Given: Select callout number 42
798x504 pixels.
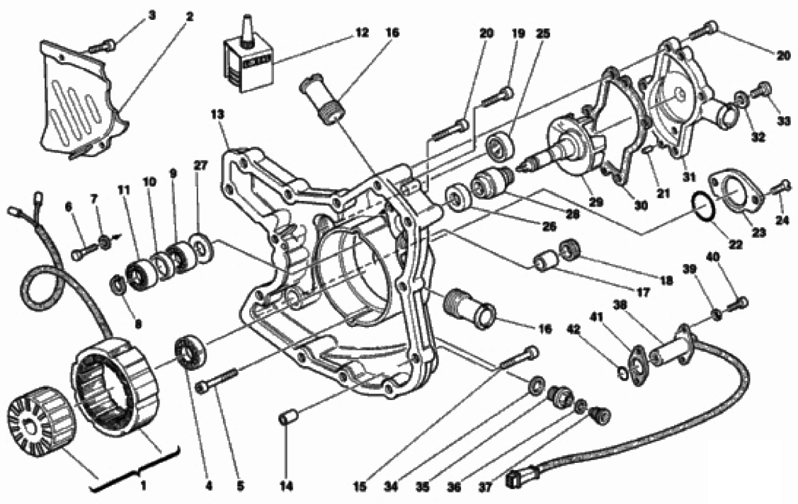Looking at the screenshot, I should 576,328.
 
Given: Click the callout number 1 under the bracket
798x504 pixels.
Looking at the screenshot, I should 144,486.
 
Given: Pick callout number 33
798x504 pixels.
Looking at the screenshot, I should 783,120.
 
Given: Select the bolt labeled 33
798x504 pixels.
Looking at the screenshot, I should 763,90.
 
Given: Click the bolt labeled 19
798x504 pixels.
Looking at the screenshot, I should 498,96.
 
